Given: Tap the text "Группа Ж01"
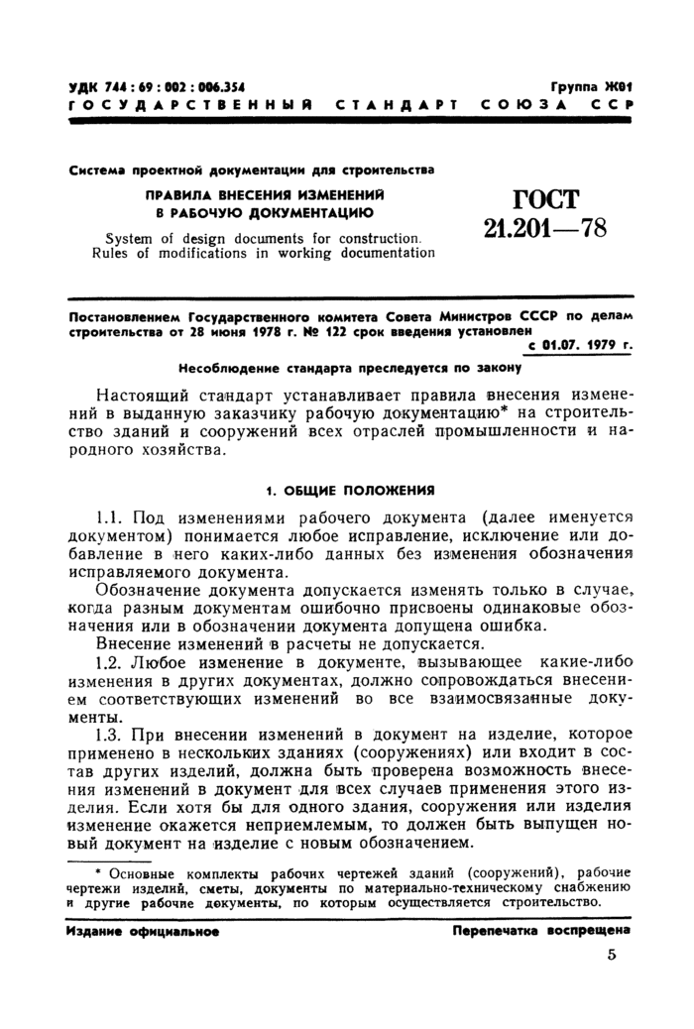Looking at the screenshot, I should coord(591,87).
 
